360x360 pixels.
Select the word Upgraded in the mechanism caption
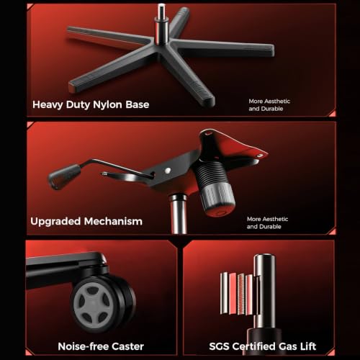coord(55,222)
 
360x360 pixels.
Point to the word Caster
coord(127,346)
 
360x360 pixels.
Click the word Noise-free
coord(84,346)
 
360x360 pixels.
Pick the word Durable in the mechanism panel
coord(270,227)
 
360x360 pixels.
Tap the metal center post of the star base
coord(161,24)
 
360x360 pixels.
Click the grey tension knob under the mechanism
coord(218,198)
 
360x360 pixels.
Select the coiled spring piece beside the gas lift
coord(241,294)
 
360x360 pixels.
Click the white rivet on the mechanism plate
coord(168,171)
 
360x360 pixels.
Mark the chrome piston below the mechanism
coord(178,214)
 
